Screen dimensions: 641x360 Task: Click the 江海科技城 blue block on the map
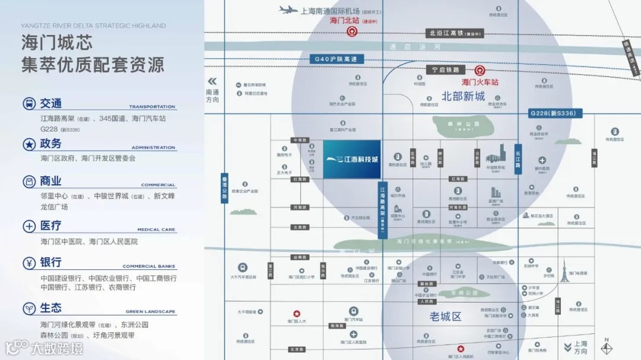[x=352, y=159]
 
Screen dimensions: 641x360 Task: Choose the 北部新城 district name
[x=463, y=96]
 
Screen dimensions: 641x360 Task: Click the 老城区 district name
[x=445, y=317]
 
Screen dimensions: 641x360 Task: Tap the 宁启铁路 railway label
[x=446, y=70]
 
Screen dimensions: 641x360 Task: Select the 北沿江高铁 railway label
[x=456, y=33]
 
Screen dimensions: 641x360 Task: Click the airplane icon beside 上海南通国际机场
[x=288, y=9]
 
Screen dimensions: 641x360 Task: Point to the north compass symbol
[x=605, y=348]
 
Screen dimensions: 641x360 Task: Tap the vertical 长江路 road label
[x=518, y=158]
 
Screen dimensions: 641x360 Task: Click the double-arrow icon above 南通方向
[x=212, y=81]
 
